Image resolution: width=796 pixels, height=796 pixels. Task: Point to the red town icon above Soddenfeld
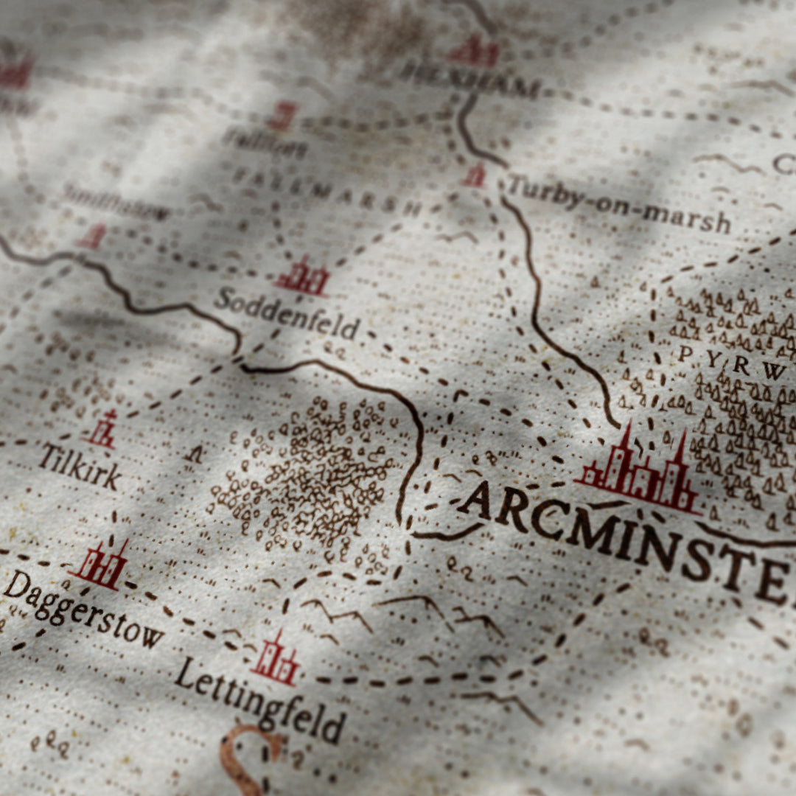303,277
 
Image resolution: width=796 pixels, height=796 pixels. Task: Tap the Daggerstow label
81,609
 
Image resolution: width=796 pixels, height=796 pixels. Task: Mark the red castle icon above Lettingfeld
276,659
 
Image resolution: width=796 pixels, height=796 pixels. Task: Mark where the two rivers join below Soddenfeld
240,361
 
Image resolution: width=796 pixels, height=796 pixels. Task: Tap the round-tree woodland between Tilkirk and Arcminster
310,472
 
